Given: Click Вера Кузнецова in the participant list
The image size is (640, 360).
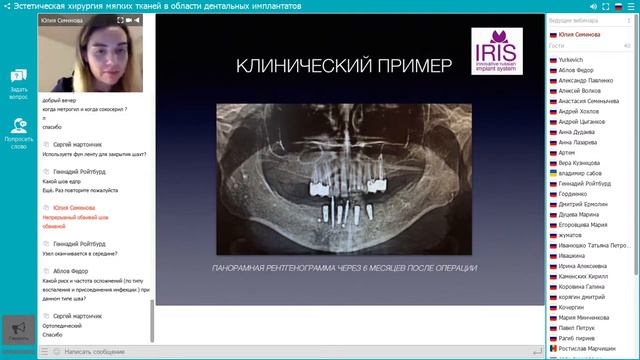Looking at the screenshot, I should pyautogui.click(x=580, y=162).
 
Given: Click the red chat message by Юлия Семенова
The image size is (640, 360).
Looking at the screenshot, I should pyautogui.click(x=68, y=217).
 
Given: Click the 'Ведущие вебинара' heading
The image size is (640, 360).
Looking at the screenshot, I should pyautogui.click(x=574, y=20).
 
